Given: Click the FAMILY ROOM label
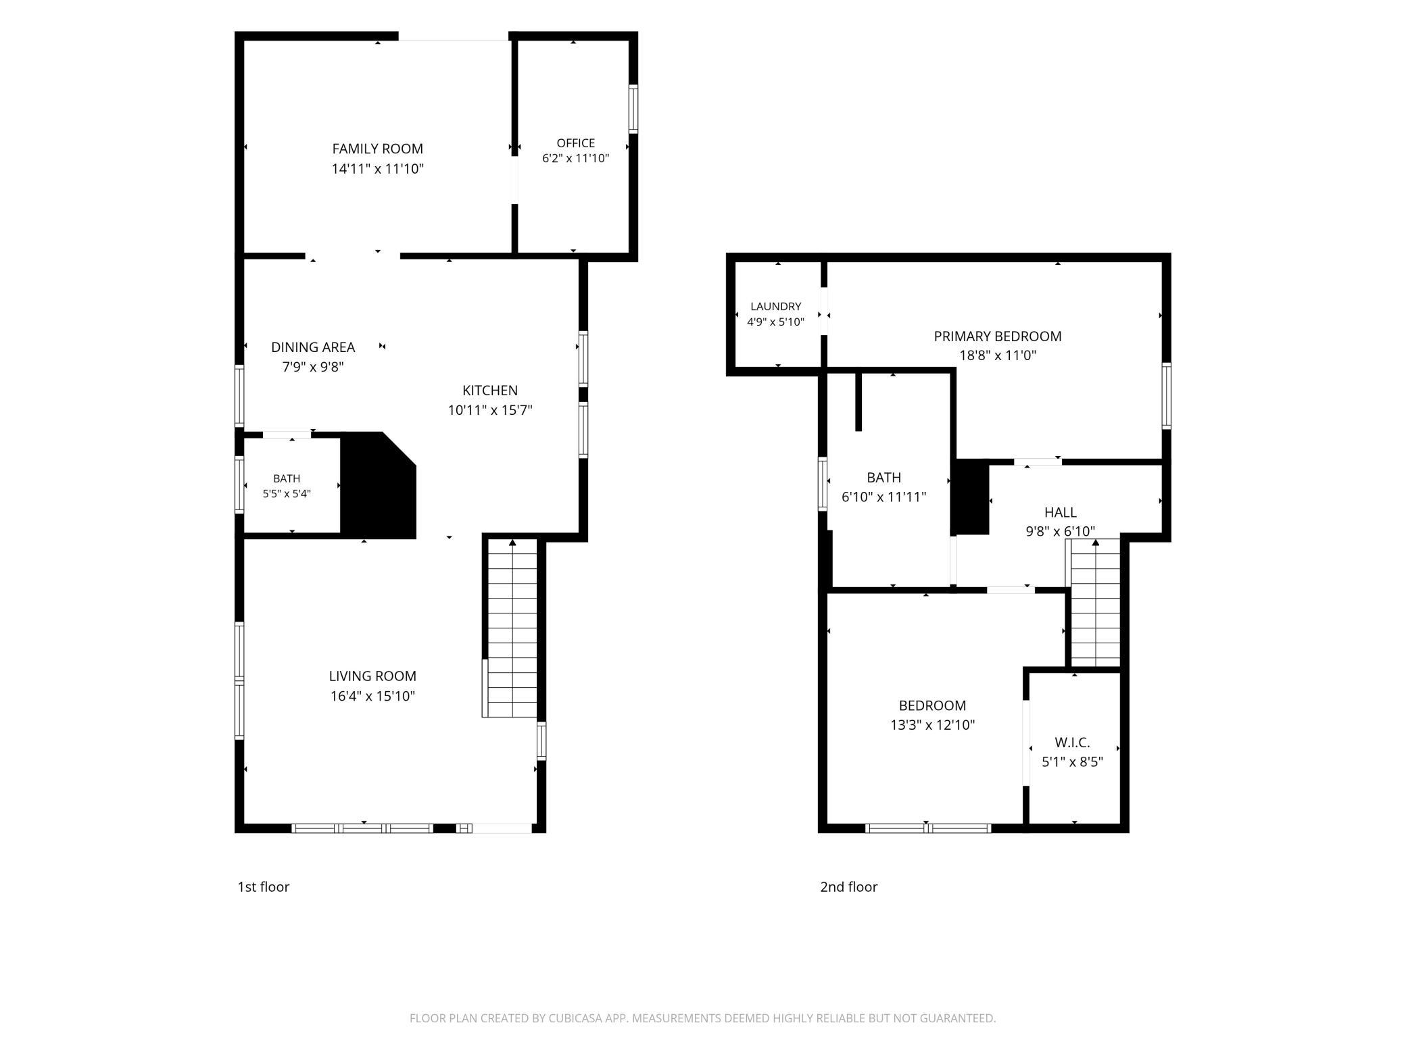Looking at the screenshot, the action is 377,149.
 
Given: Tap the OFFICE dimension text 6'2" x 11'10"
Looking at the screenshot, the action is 576,159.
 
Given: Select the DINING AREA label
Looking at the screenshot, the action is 313,347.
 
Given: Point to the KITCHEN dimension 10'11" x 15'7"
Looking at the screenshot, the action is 490,410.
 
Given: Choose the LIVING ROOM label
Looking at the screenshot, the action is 372,676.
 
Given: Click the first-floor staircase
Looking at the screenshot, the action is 512,627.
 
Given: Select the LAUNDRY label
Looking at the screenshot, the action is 775,307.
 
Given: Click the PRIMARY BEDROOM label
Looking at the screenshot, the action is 998,336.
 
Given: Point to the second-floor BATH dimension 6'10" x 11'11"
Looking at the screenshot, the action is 883,497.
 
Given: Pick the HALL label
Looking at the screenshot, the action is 1061,513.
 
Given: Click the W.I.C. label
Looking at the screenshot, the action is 1072,743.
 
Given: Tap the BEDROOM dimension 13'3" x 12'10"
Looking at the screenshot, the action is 932,726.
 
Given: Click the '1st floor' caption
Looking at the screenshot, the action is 263,887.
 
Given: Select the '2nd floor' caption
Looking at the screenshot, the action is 848,887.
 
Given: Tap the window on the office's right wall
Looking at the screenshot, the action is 633,109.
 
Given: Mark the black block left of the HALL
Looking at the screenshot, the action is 971,497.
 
